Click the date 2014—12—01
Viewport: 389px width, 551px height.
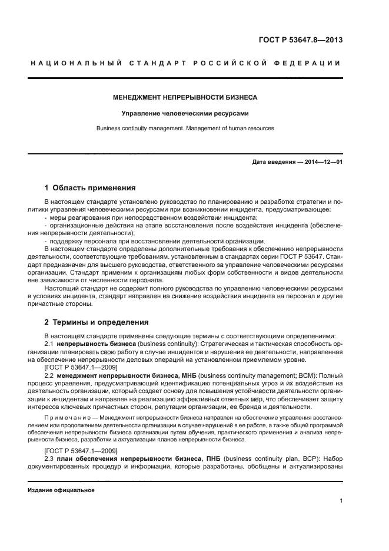tap(322, 161)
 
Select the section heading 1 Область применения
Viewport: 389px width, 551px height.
tap(90, 188)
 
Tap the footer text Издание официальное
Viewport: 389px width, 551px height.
tap(61, 490)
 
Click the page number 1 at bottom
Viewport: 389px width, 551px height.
tap(341, 501)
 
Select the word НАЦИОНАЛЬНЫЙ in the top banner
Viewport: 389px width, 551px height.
tap(75, 63)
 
